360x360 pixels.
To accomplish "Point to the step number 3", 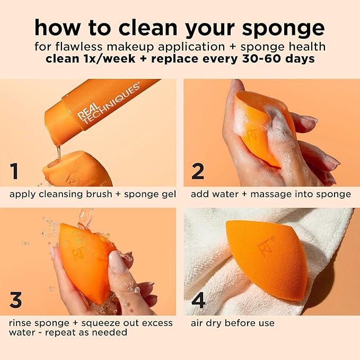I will [x=16, y=300].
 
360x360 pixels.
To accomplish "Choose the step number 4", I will [x=198, y=300].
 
